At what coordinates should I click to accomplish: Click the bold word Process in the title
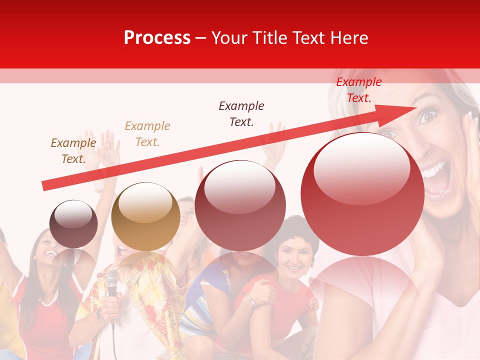[157, 38]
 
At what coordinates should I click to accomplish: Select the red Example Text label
[358, 90]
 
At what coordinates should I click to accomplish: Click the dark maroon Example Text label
[241, 113]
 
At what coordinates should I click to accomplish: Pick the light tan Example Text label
[147, 133]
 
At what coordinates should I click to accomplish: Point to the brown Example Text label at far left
[73, 150]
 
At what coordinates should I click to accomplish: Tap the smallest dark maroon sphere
[73, 223]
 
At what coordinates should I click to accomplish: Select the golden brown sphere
[145, 216]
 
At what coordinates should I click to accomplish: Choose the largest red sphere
[362, 194]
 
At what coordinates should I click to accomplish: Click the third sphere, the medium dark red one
[240, 205]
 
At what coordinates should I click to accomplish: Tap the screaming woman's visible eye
[428, 116]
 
